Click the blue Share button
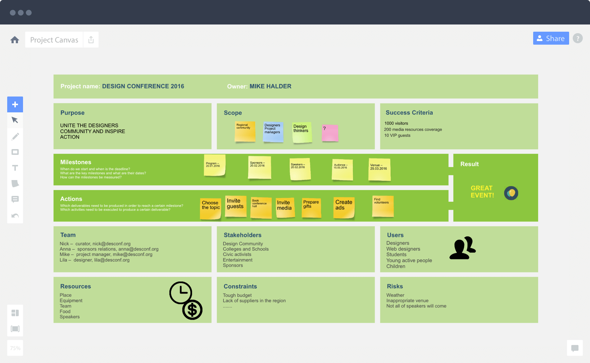tap(551, 38)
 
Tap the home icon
tap(15, 40)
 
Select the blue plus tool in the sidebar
tap(15, 104)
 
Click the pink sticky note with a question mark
tap(330, 133)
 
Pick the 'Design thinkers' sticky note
tap(302, 132)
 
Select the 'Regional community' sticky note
tap(245, 131)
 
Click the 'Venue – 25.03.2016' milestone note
tap(379, 169)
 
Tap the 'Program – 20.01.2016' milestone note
tap(215, 165)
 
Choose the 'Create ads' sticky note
tap(344, 207)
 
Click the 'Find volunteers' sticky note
tap(383, 206)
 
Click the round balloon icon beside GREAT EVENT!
tap(511, 193)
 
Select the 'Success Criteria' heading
tap(409, 113)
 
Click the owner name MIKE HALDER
tap(270, 86)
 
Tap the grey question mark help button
tap(577, 38)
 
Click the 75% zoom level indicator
tap(15, 348)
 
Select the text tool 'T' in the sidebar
tap(15, 168)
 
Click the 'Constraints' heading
tap(240, 287)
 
